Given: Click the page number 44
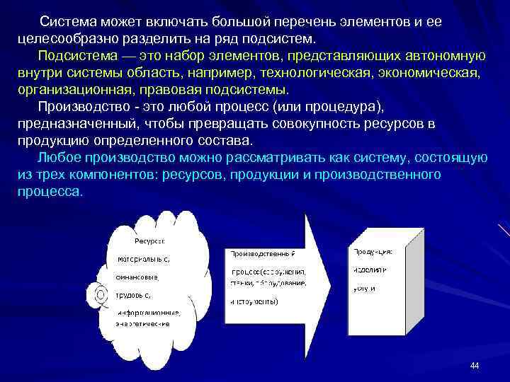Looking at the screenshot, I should [475, 365].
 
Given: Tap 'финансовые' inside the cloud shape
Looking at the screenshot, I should [138, 277].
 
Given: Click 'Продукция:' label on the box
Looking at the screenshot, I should [373, 250].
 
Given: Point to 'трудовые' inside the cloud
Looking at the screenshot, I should [136, 294].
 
